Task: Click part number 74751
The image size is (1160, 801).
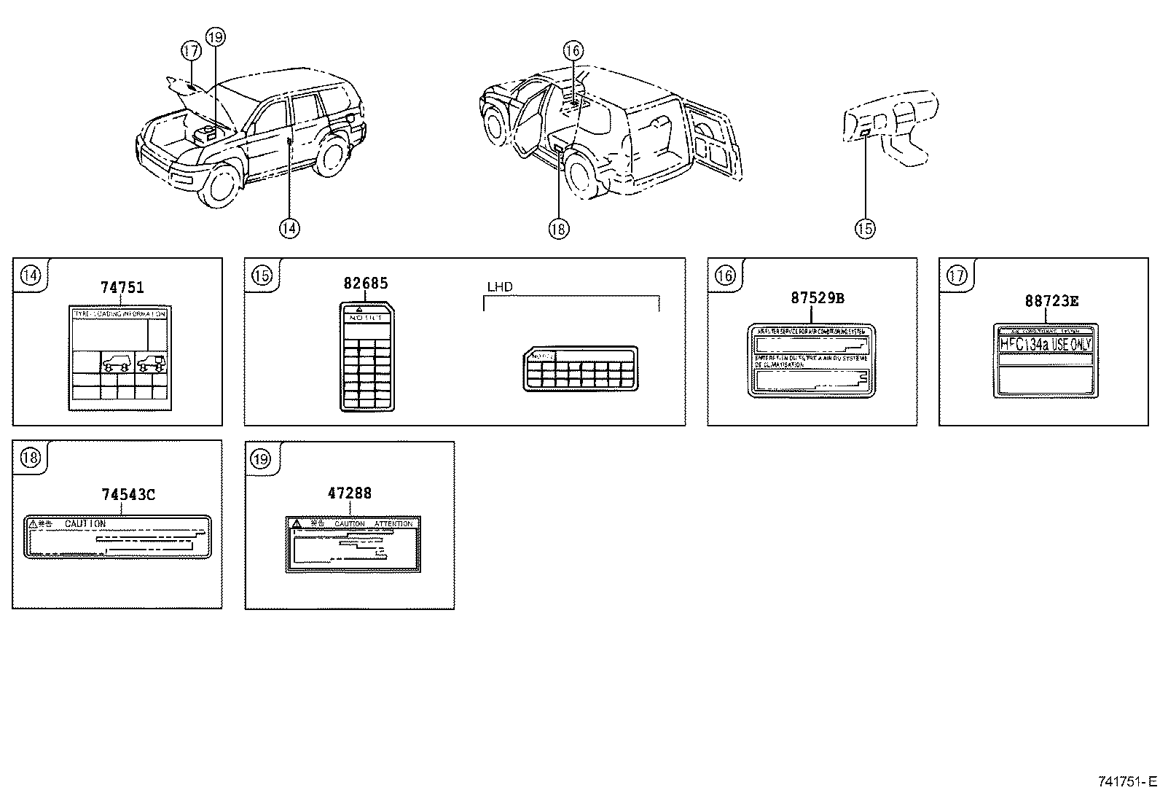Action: (x=122, y=287)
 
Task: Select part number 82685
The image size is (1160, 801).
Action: (x=366, y=284)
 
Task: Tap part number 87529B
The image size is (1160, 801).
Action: (x=818, y=297)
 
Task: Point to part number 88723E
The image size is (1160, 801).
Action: (x=1051, y=300)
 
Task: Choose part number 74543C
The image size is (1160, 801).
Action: (x=128, y=494)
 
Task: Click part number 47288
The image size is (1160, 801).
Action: (x=349, y=493)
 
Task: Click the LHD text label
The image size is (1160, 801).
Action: (x=500, y=287)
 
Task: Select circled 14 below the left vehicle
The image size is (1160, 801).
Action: (x=289, y=228)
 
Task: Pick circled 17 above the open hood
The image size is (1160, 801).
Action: (x=190, y=51)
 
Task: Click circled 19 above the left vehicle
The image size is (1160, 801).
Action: (x=216, y=36)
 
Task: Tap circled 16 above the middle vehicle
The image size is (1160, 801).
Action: (x=573, y=50)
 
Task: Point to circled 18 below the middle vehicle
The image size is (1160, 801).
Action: (x=558, y=228)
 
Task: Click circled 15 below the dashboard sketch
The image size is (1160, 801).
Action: (x=864, y=228)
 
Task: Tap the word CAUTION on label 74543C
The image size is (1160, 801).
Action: (x=85, y=523)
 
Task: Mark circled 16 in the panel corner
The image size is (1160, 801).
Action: (x=724, y=275)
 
